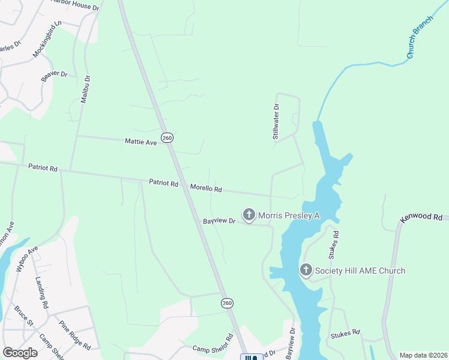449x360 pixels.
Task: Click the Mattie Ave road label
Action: tap(140, 142)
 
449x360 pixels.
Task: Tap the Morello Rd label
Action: tap(206, 188)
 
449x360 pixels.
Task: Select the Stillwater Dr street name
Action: tap(276, 122)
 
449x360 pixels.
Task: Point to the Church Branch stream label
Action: tap(419, 41)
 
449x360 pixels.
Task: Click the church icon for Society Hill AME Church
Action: tap(306, 271)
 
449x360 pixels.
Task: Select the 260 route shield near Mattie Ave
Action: tap(167, 138)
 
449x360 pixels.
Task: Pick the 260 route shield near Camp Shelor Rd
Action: tap(226, 304)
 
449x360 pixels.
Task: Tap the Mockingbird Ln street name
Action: tap(48, 40)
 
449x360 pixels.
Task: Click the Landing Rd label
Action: tap(41, 292)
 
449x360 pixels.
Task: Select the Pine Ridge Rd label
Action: tap(74, 335)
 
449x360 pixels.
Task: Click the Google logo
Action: tap(20, 353)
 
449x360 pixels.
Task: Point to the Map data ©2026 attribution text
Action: tap(424, 355)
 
